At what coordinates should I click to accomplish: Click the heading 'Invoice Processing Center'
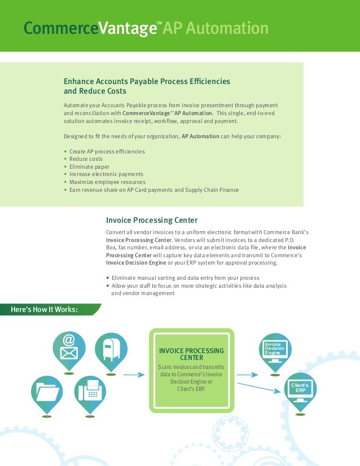coord(152,220)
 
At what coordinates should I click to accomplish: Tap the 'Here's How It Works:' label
coord(45,309)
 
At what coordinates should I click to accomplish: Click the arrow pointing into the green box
coord(134,374)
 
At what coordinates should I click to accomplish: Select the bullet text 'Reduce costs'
coord(86,159)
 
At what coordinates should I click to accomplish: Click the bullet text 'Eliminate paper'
coord(90,167)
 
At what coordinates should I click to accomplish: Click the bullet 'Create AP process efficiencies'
coord(107,152)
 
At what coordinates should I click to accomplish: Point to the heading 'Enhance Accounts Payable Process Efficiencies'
coord(147,81)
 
